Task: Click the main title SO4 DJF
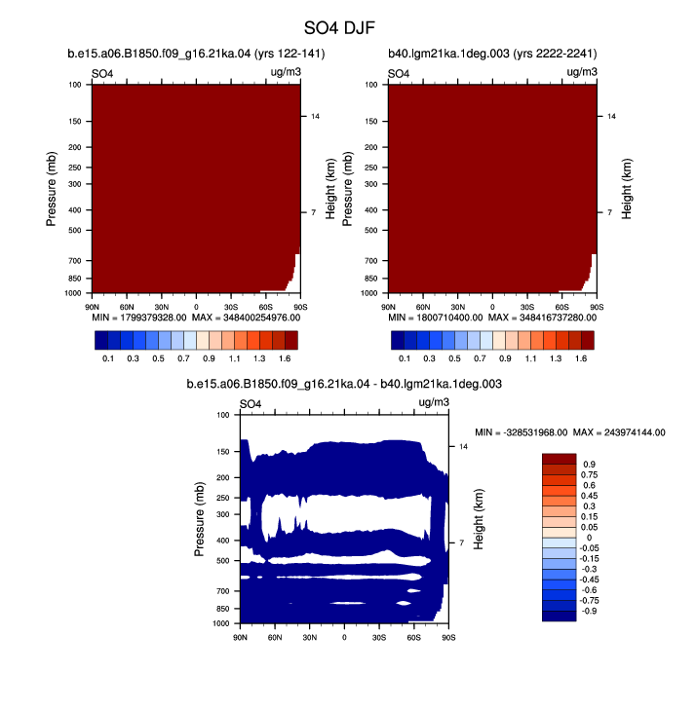(339, 28)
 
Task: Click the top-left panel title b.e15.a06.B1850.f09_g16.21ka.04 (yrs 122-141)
(196, 54)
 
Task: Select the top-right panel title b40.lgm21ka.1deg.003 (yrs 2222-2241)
(492, 54)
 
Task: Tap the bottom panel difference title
(344, 384)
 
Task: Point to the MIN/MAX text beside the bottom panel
(570, 432)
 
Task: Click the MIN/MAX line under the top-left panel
(196, 318)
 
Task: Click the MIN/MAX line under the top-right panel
(492, 318)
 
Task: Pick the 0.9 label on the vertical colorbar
(590, 465)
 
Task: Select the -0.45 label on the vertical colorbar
(591, 580)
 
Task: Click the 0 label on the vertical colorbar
(590, 538)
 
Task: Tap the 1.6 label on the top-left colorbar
(285, 358)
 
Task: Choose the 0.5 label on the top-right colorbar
(454, 358)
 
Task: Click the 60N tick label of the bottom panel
(275, 638)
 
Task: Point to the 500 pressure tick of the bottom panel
(223, 561)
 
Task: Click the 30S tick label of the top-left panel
(231, 308)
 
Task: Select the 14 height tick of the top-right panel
(611, 117)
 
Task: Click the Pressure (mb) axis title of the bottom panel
(199, 519)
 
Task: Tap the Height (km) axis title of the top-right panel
(627, 189)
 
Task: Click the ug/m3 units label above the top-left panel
(286, 72)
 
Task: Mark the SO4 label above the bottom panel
(251, 403)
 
